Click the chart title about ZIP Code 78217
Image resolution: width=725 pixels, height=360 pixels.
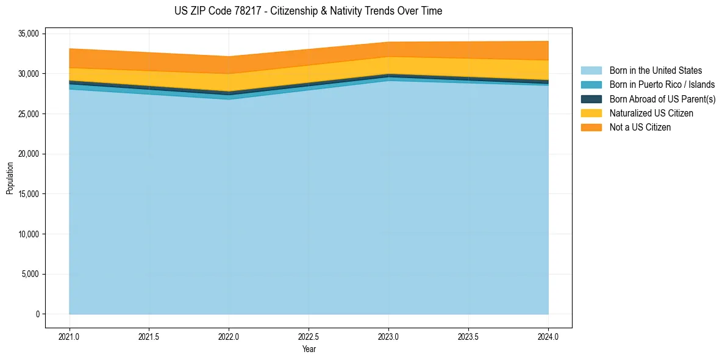click(x=308, y=11)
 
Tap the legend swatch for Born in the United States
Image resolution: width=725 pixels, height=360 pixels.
click(x=591, y=71)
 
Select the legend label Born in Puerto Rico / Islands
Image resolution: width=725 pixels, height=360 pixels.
click(x=662, y=85)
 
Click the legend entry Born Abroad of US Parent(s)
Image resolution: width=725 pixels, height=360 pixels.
click(x=662, y=99)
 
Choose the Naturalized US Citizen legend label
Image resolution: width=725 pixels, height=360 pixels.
click(x=651, y=113)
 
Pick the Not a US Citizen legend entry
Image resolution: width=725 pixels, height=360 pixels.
click(x=640, y=127)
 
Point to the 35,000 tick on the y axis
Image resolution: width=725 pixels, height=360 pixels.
click(x=29, y=34)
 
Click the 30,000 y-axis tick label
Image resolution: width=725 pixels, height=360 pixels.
click(x=29, y=74)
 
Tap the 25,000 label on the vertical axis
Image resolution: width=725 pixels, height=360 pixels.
click(x=29, y=114)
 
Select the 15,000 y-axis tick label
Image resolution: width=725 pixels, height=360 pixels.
click(x=29, y=194)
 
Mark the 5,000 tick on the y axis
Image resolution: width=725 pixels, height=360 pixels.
click(x=31, y=274)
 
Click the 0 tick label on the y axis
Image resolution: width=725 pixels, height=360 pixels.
click(x=37, y=314)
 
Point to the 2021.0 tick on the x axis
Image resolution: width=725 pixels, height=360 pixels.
click(x=70, y=336)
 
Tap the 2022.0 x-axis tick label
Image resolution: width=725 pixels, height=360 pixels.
click(x=229, y=336)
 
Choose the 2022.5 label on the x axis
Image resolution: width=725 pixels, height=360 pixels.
click(x=309, y=336)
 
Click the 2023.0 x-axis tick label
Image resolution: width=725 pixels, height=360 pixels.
click(x=388, y=336)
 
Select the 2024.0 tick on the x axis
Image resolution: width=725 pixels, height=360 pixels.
click(x=548, y=336)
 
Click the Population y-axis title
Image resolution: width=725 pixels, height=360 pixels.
click(x=10, y=178)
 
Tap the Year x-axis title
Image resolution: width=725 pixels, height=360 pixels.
click(x=309, y=349)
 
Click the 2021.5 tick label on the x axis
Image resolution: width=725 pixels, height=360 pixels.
click(x=149, y=336)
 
